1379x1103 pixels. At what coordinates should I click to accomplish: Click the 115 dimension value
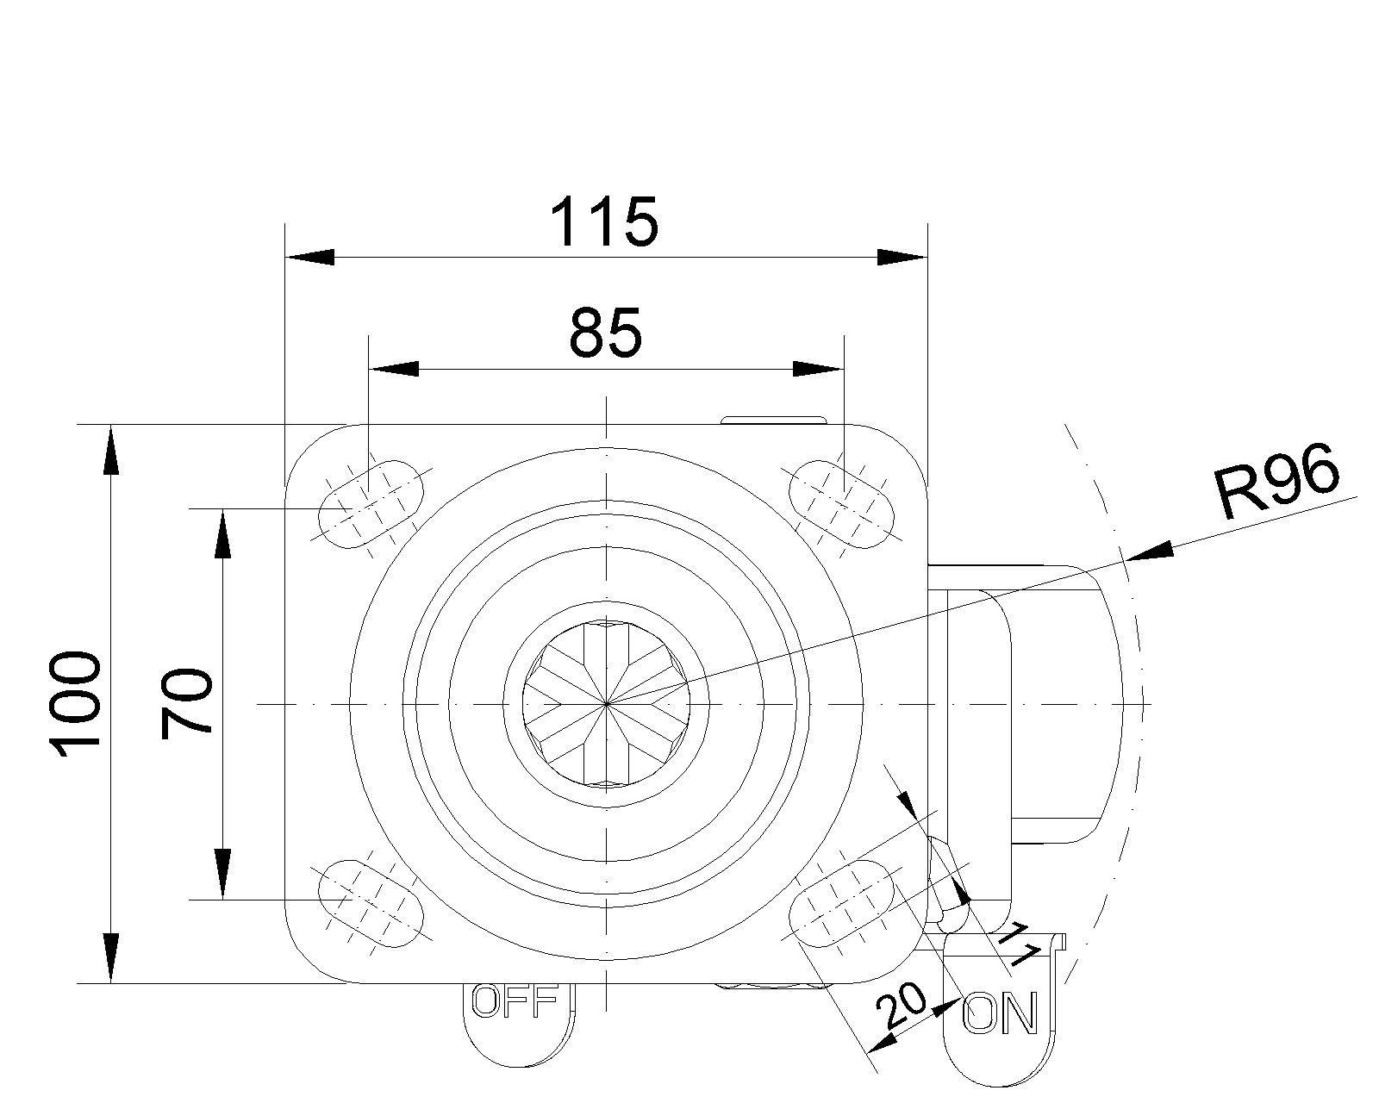(x=604, y=221)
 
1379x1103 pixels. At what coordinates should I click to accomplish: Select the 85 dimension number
(x=605, y=333)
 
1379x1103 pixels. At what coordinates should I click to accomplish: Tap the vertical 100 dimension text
(x=75, y=704)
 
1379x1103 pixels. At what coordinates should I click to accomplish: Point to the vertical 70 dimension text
(x=186, y=704)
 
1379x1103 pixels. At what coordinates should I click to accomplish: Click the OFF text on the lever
(x=515, y=1000)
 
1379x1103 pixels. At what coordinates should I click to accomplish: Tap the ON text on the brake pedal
(x=1000, y=1013)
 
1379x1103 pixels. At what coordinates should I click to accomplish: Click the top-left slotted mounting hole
(x=371, y=504)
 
